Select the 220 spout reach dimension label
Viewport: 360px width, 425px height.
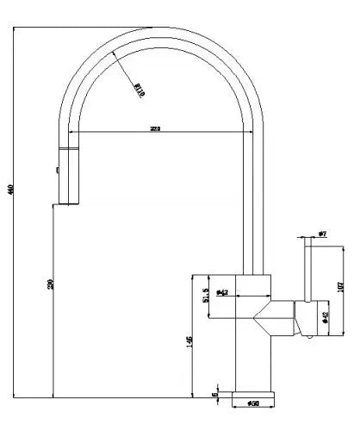156,128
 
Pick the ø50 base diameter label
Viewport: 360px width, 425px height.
254,403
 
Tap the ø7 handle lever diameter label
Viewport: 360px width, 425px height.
321,234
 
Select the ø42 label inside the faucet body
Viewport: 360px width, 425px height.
221,293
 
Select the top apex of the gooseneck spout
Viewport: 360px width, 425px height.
160,29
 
